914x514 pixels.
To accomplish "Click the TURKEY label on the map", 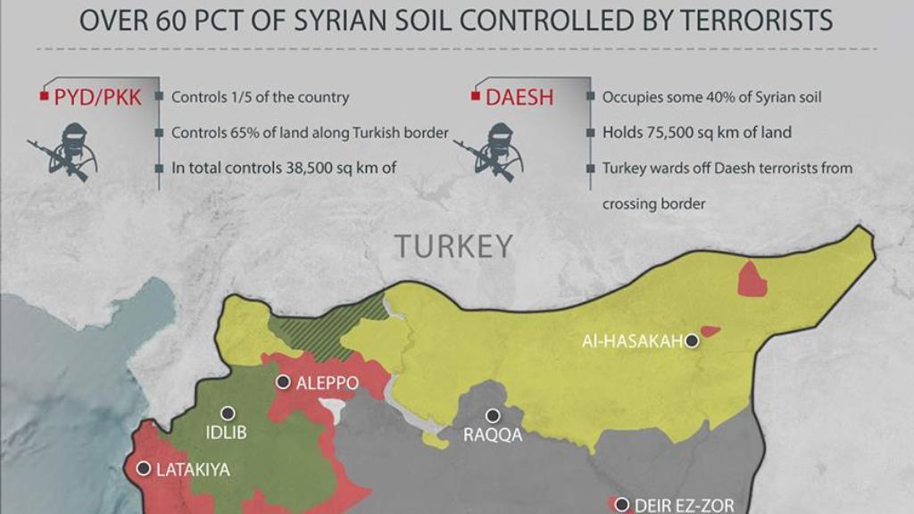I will click(x=454, y=246).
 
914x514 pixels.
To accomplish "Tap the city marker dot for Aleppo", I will click(x=283, y=382).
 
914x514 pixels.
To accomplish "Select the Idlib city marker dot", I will click(x=228, y=413).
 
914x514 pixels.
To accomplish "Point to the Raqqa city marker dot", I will click(x=492, y=415).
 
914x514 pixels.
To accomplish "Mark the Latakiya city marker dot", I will click(x=143, y=468).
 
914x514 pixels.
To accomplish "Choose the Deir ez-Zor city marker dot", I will click(x=621, y=504).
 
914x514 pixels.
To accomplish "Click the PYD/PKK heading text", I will click(x=98, y=97).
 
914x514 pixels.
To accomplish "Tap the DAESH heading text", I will click(x=519, y=97).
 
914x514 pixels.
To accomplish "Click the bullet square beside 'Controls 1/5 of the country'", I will click(x=159, y=97).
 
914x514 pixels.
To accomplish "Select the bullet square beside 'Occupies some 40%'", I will click(x=590, y=97).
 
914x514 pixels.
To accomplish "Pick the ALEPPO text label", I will click(x=328, y=383).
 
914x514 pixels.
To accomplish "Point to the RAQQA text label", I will click(x=493, y=435).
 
